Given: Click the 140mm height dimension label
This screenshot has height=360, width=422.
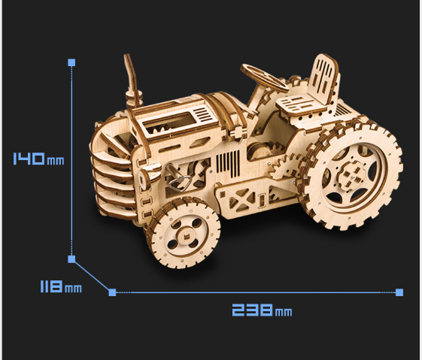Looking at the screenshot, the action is pyautogui.click(x=39, y=159).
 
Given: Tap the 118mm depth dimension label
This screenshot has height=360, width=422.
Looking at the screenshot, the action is pyautogui.click(x=61, y=286).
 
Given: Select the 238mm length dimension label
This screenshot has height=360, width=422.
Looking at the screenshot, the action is pyautogui.click(x=262, y=310).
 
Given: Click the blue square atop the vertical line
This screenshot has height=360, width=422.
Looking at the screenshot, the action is pyautogui.click(x=71, y=62).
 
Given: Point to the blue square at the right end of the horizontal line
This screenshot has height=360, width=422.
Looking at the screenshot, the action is pyautogui.click(x=399, y=292).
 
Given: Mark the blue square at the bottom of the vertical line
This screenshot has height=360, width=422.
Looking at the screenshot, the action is pyautogui.click(x=71, y=259).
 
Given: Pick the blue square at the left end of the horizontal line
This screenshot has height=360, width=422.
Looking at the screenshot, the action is pyautogui.click(x=112, y=292).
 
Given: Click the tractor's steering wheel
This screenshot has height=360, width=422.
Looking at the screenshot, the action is pyautogui.click(x=265, y=78).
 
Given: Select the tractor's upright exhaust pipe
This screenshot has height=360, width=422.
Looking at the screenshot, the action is pyautogui.click(x=131, y=80).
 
